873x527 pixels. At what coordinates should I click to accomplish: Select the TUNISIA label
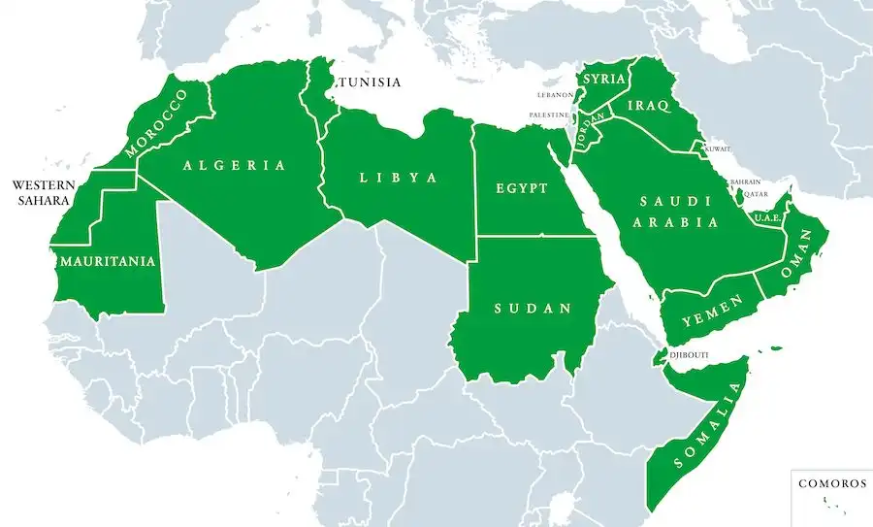pos(369,82)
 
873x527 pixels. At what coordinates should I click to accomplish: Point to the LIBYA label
pos(398,179)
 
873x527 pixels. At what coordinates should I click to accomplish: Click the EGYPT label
pos(521,188)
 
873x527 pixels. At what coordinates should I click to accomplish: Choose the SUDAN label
pos(532,309)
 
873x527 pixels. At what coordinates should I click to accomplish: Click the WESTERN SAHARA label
pos(41,192)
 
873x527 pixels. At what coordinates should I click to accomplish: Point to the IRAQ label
pos(650,107)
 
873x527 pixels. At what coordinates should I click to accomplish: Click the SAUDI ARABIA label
pos(677,212)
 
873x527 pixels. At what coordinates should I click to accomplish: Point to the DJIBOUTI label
pos(688,355)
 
